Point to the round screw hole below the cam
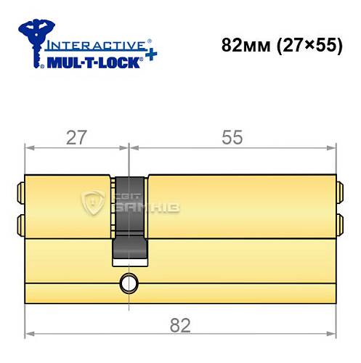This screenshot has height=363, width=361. click(129, 282)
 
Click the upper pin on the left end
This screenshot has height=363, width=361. click(20, 192)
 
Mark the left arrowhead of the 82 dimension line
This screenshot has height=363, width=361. click(29, 335)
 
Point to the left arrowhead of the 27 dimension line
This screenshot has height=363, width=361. click(29, 147)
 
